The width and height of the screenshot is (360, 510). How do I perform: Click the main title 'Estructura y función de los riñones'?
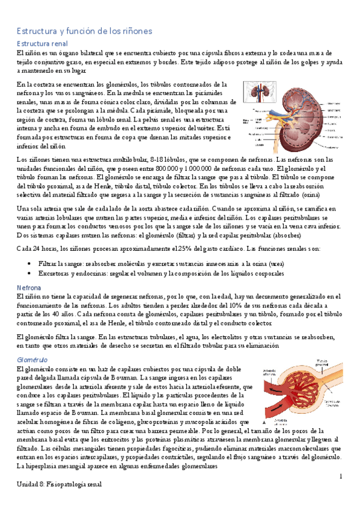(x=84, y=30)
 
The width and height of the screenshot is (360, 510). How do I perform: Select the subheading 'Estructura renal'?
(x=41, y=44)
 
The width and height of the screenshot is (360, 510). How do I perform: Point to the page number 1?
(x=340, y=476)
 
